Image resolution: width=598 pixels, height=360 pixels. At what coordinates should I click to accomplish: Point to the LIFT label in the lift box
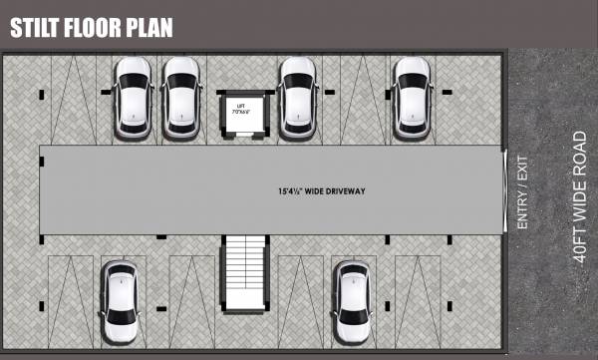240,105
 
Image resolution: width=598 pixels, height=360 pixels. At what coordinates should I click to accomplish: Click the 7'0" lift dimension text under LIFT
240,112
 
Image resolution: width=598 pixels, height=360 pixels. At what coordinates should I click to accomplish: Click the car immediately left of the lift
181,97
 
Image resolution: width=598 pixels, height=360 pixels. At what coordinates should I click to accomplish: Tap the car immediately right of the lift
298,97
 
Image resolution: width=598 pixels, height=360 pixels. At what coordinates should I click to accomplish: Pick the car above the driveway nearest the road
412,97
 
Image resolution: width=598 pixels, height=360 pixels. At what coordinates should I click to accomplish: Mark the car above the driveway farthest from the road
133,97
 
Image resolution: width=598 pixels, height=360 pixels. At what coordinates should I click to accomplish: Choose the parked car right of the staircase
353,302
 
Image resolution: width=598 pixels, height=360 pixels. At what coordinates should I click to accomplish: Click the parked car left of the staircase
121,302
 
